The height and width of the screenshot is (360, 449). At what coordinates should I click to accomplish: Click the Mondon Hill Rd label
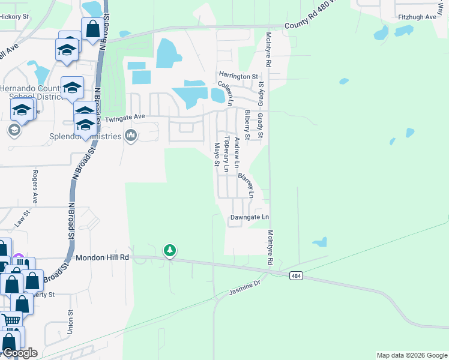(103, 257)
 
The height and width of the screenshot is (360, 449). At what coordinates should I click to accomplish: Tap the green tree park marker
(170, 250)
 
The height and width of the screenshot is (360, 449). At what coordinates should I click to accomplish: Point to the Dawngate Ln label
(249, 217)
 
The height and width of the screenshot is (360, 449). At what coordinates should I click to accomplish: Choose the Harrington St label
(238, 77)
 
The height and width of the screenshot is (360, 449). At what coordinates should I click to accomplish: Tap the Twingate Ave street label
(125, 118)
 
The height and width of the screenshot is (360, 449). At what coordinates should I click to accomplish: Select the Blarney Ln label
(247, 185)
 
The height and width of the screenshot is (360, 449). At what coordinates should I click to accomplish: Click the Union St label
(70, 321)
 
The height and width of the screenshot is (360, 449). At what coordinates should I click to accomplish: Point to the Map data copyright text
(411, 355)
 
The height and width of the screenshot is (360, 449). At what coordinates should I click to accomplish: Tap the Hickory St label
(14, 17)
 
